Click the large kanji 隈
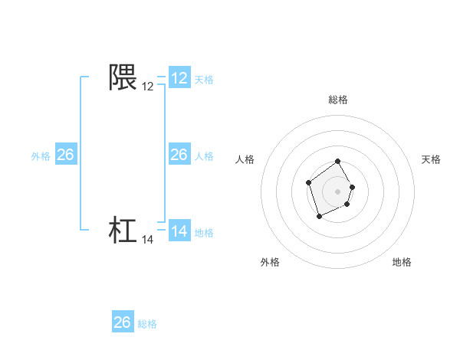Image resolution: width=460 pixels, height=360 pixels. pos(123,77)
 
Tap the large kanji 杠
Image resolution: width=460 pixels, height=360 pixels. pos(123,231)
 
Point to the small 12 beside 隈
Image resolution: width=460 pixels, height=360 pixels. pos(148,87)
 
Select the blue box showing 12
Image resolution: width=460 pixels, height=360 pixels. pos(179,78)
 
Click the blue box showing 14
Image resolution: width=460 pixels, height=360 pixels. pos(179,231)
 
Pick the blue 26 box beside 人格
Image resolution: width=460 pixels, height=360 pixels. pos(179,155)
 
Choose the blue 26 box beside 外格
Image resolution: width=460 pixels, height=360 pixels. pos(65,155)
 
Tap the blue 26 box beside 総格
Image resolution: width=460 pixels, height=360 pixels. pos(123,322)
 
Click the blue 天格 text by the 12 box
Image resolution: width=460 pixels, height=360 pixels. pos(204,79)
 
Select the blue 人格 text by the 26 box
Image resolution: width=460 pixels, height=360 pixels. pos(204,155)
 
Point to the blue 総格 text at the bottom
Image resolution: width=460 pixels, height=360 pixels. pos(147,324)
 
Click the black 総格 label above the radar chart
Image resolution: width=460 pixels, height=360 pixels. pos(338,100)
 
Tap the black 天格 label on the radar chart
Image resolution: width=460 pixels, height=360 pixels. pos(432,159)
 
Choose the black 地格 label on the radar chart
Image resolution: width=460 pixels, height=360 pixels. pos(402,262)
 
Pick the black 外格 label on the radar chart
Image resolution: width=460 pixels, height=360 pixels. pos(270,262)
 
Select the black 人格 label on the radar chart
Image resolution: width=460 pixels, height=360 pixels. pos(245,159)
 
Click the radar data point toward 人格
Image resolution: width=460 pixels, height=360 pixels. pos(308,182)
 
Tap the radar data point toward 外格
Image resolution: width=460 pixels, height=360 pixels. pos(320,217)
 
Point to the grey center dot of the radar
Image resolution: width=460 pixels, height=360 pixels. pos(338,191)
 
